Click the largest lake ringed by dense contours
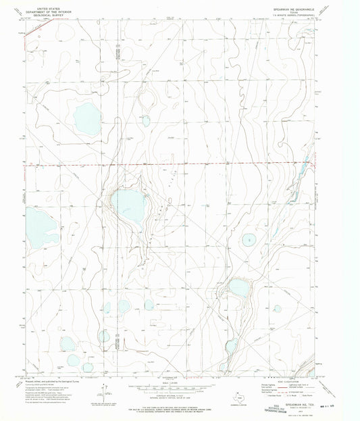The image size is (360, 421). point(128,205)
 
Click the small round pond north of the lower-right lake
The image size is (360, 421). point(249,239)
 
